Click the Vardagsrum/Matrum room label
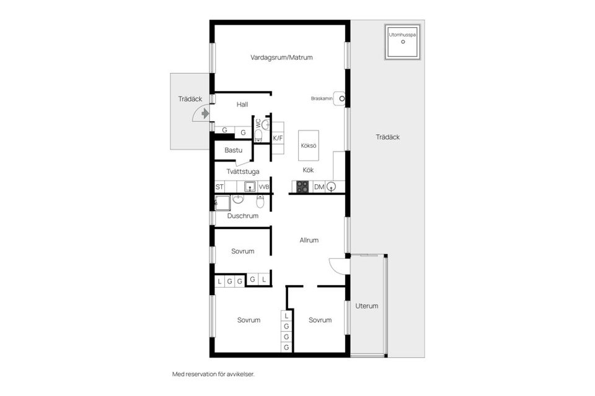pyautogui.click(x=281, y=58)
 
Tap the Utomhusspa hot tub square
pyautogui.click(x=403, y=42)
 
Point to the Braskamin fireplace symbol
pyautogui.click(x=339, y=98)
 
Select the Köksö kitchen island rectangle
pyautogui.click(x=309, y=145)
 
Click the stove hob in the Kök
pyautogui.click(x=302, y=186)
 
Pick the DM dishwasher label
pyautogui.click(x=319, y=187)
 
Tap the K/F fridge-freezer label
pyautogui.click(x=278, y=139)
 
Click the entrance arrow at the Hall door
pyautogui.click(x=205, y=113)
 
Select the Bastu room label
pyautogui.click(x=234, y=150)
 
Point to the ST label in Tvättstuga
pyautogui.click(x=219, y=187)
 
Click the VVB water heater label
pyautogui.click(x=264, y=187)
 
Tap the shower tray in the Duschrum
pyautogui.click(x=223, y=203)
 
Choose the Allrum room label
pyautogui.click(x=309, y=240)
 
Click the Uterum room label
pyautogui.click(x=366, y=306)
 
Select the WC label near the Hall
pyautogui.click(x=258, y=123)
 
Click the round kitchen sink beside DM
pyautogui.click(x=331, y=186)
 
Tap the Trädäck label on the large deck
pyautogui.click(x=388, y=137)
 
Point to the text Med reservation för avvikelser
pyautogui.click(x=213, y=374)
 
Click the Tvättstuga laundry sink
pyautogui.click(x=250, y=186)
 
